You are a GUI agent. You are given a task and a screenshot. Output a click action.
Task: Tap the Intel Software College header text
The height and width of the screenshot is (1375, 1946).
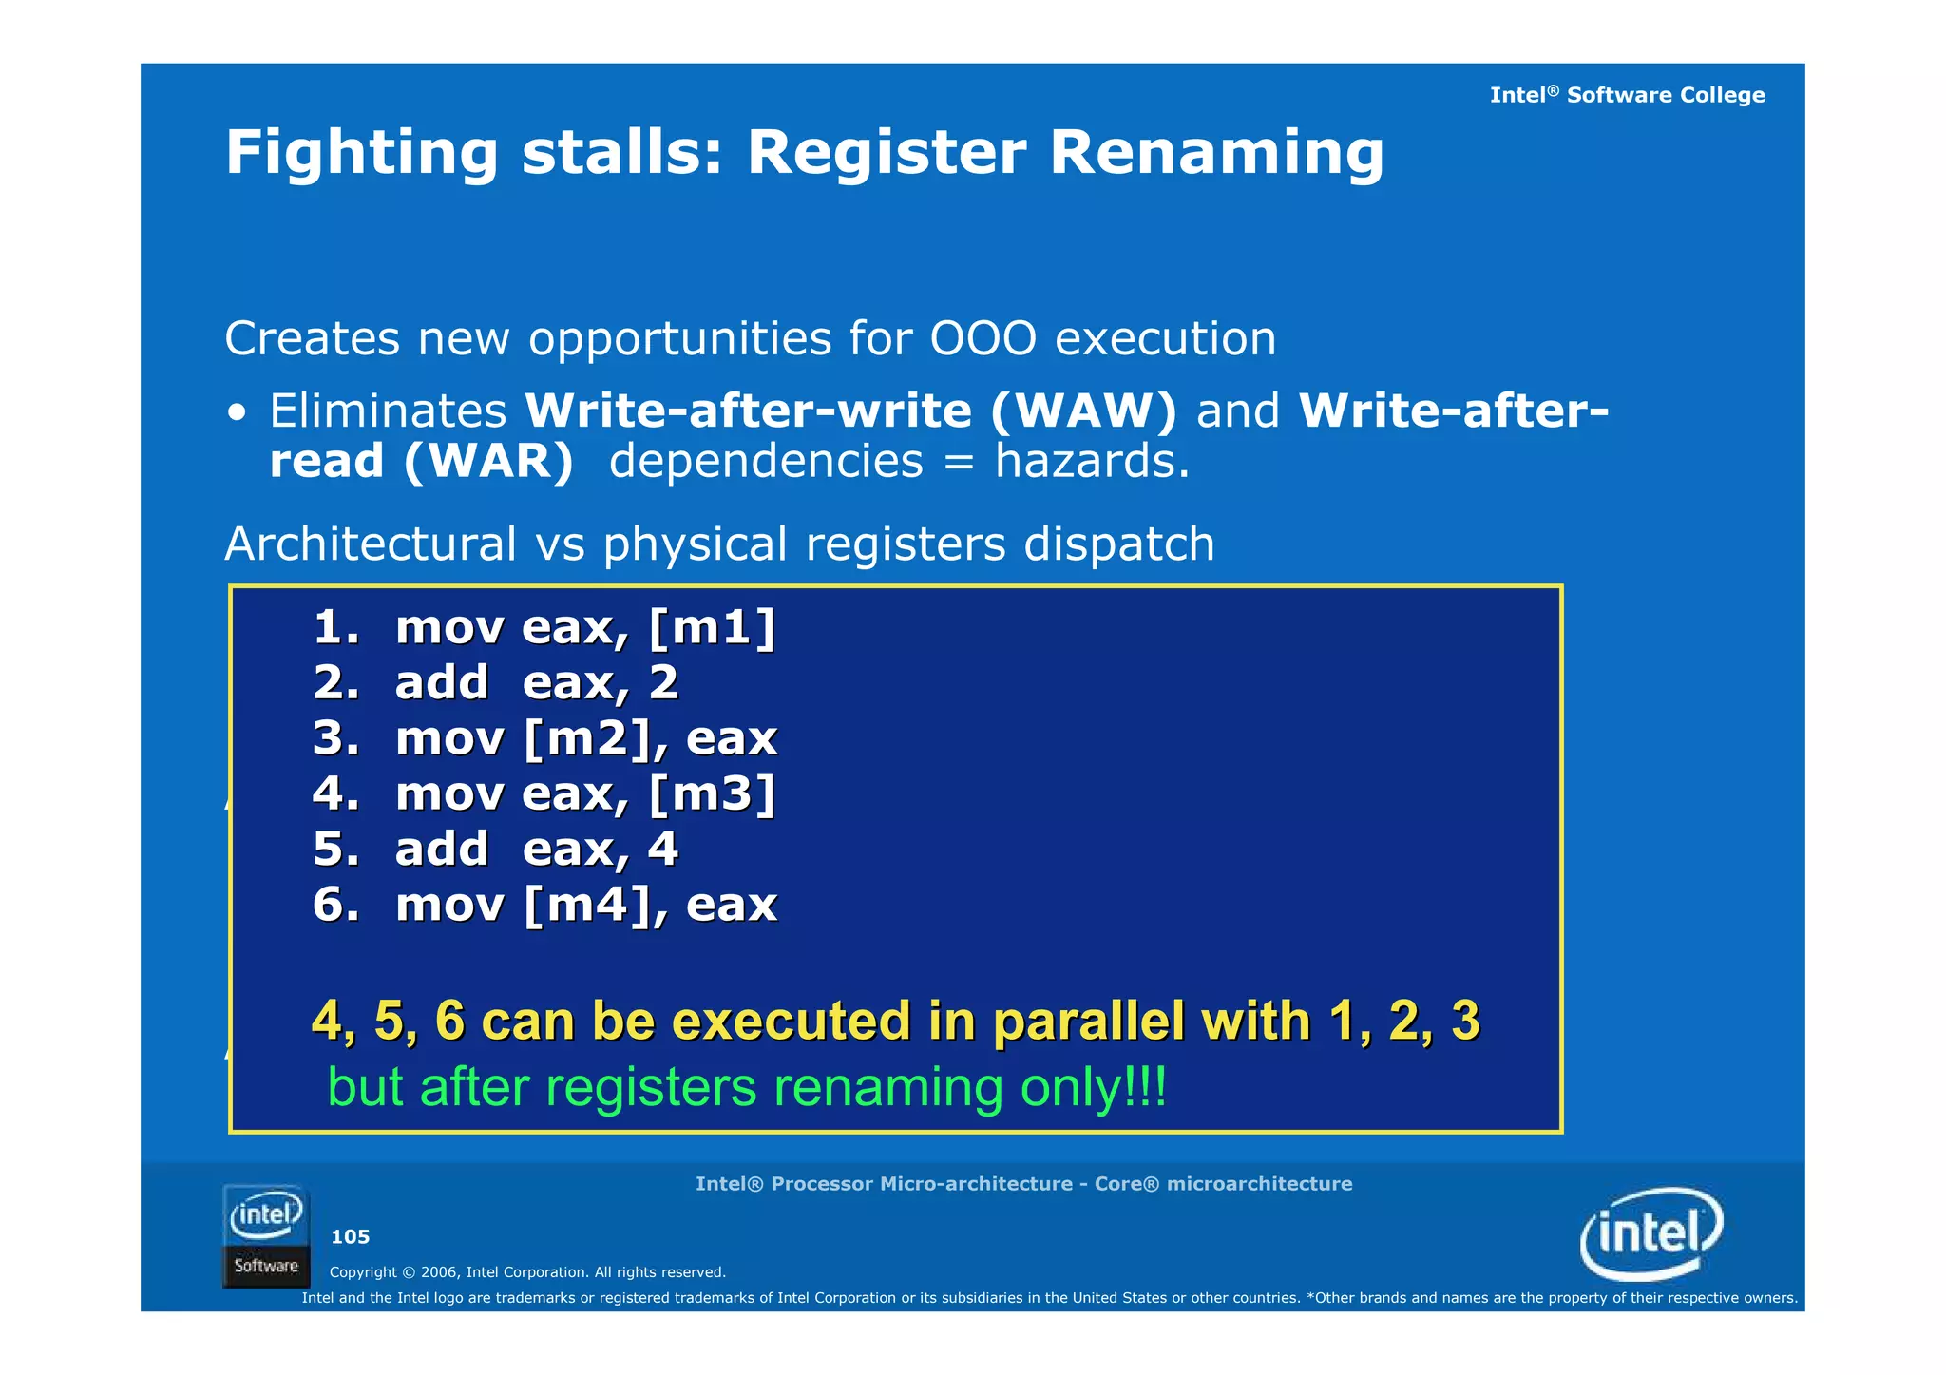click(1627, 95)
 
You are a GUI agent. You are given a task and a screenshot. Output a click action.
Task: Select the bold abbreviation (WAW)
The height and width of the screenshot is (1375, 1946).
click(1083, 411)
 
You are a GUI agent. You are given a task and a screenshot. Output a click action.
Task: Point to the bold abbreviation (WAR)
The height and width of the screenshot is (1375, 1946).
click(488, 462)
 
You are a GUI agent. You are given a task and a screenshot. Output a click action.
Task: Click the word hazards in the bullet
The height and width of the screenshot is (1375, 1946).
click(1091, 462)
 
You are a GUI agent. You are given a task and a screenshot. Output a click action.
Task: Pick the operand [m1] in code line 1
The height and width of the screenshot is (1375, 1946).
click(713, 628)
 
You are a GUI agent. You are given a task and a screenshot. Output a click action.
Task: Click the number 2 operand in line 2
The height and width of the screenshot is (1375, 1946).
click(664, 683)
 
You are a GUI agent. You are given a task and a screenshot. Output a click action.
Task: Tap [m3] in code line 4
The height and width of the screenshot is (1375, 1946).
click(713, 793)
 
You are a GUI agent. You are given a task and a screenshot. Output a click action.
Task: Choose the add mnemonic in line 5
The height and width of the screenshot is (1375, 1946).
click(442, 849)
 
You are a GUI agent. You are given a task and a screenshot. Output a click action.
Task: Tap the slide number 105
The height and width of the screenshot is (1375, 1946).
click(350, 1237)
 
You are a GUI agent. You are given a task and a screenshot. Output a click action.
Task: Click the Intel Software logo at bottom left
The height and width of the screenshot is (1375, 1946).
click(266, 1236)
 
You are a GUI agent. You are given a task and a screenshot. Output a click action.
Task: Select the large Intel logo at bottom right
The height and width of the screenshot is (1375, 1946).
click(1651, 1233)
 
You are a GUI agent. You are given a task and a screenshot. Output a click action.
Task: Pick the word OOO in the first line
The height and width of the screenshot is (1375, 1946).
click(983, 339)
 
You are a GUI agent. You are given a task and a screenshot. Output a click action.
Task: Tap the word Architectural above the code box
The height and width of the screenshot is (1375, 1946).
click(371, 544)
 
